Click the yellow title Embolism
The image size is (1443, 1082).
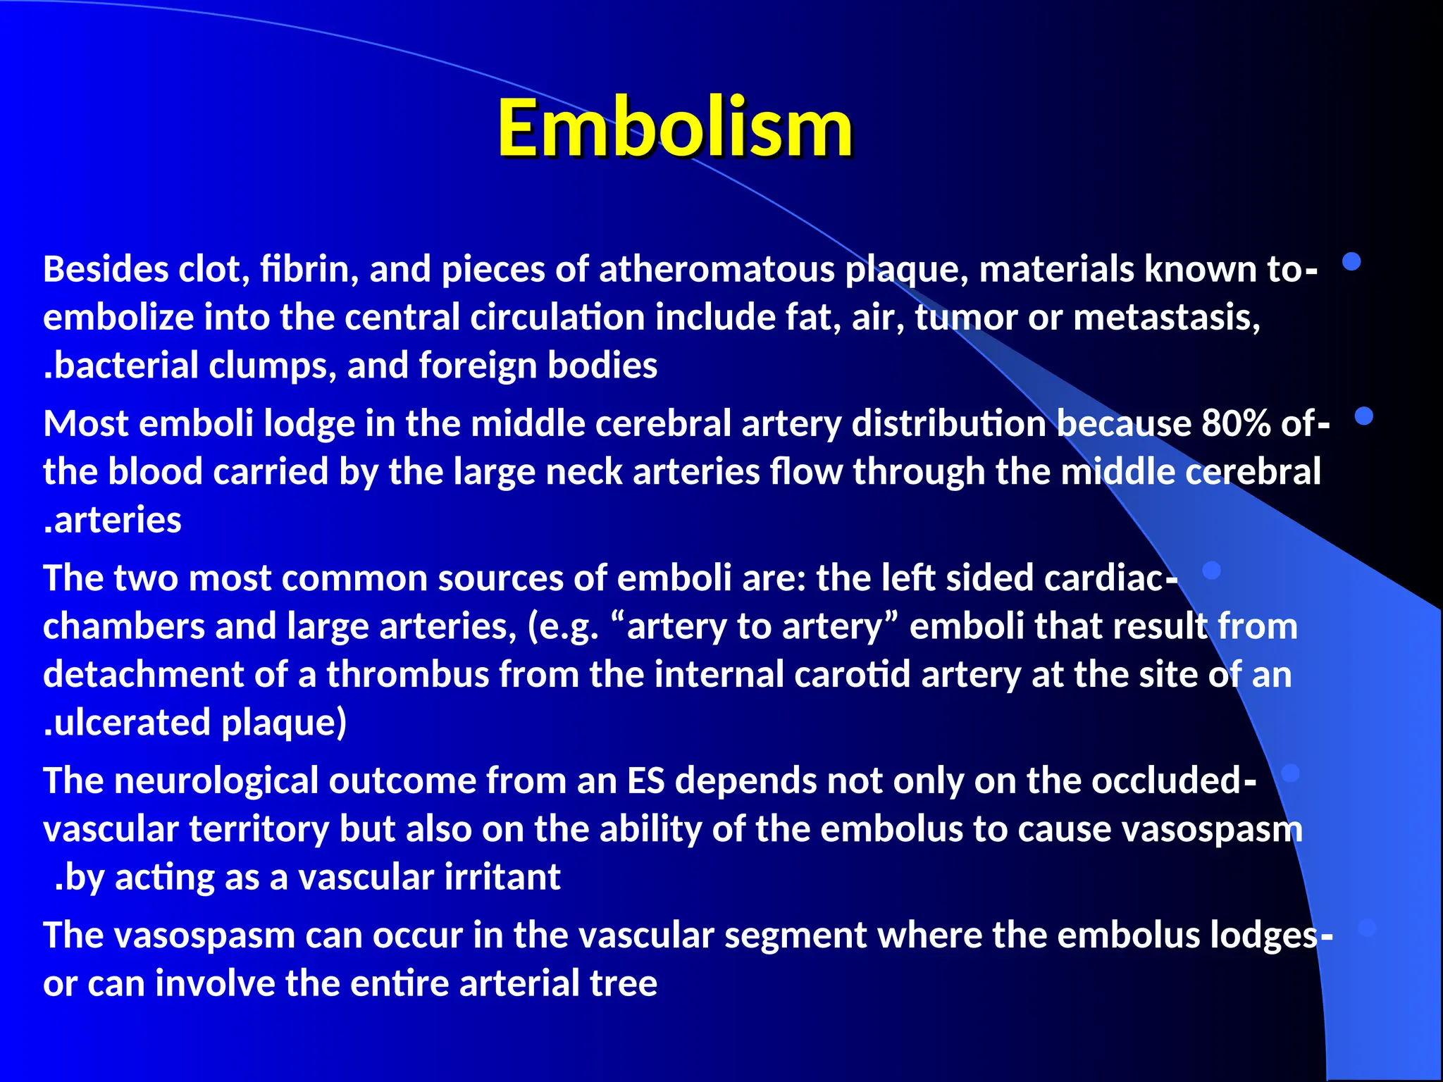pyautogui.click(x=674, y=129)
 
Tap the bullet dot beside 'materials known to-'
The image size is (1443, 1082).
pyautogui.click(x=1351, y=262)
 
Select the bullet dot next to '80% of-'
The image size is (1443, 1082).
pyautogui.click(x=1364, y=416)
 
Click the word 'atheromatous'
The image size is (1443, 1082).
pyautogui.click(x=717, y=270)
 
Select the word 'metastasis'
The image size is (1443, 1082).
pyautogui.click(x=1166, y=318)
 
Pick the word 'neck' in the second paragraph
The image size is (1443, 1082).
pyautogui.click(x=584, y=472)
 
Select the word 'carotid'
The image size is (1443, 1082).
pyautogui.click(x=853, y=674)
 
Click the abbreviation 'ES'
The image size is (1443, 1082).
pyautogui.click(x=645, y=781)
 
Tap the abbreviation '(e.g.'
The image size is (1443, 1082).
pyautogui.click(x=563, y=626)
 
